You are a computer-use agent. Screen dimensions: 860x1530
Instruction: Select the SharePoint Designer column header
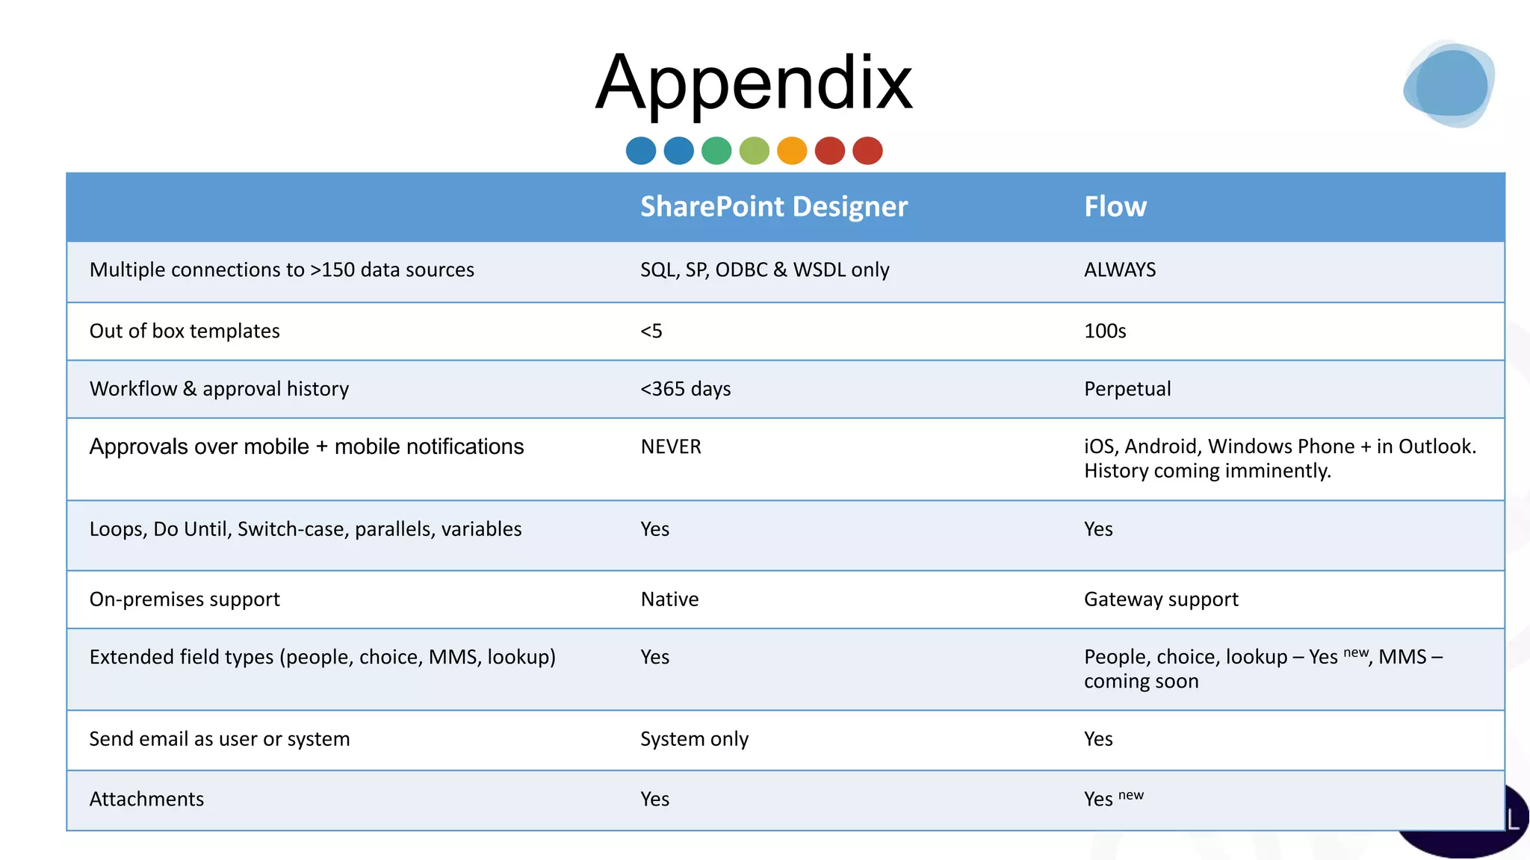point(773,206)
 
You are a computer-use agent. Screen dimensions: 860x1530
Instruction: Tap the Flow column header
point(1115,206)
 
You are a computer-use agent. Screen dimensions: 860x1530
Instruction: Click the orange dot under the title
point(792,151)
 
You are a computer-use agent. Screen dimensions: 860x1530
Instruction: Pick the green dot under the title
point(716,151)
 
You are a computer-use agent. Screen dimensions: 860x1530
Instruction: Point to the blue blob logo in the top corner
point(1449,84)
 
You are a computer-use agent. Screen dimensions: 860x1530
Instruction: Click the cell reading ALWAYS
point(1119,269)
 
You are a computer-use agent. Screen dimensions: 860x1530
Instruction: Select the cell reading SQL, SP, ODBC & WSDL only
point(764,269)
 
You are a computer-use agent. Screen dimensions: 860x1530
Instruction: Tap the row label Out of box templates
point(185,331)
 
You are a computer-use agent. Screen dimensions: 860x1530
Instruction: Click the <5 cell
point(651,331)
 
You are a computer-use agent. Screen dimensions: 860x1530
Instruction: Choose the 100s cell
point(1104,331)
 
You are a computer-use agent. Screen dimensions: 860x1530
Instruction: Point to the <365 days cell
point(685,389)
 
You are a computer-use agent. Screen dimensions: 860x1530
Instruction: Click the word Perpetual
point(1127,389)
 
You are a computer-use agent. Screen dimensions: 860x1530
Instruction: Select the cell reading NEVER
point(670,446)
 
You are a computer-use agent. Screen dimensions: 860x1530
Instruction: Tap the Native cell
point(669,599)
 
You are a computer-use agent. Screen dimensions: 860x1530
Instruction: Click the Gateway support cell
point(1160,599)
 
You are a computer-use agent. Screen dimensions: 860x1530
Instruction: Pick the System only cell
point(694,738)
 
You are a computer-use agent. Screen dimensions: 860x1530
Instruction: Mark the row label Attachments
point(146,799)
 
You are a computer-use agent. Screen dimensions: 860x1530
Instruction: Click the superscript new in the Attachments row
point(1131,795)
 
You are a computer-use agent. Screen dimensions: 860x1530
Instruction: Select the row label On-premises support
point(185,599)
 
